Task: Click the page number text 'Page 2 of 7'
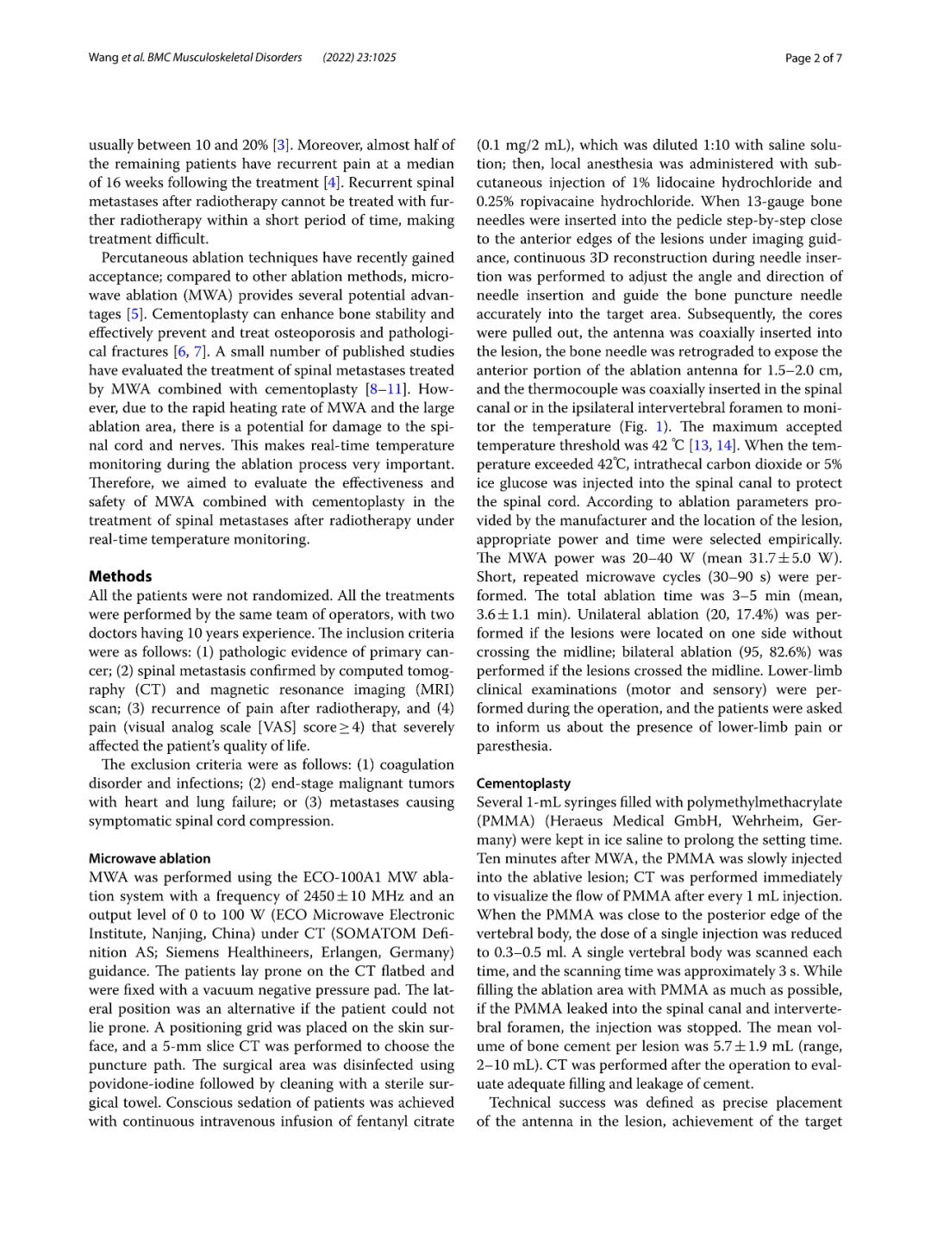pyautogui.click(x=813, y=58)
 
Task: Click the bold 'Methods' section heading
pyautogui.click(x=120, y=576)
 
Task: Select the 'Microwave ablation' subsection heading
pyautogui.click(x=149, y=858)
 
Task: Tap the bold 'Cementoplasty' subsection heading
pyautogui.click(x=523, y=783)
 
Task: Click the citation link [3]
pyautogui.click(x=281, y=145)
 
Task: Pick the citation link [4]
pyautogui.click(x=332, y=183)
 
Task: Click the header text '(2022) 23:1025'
pyautogui.click(x=359, y=58)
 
